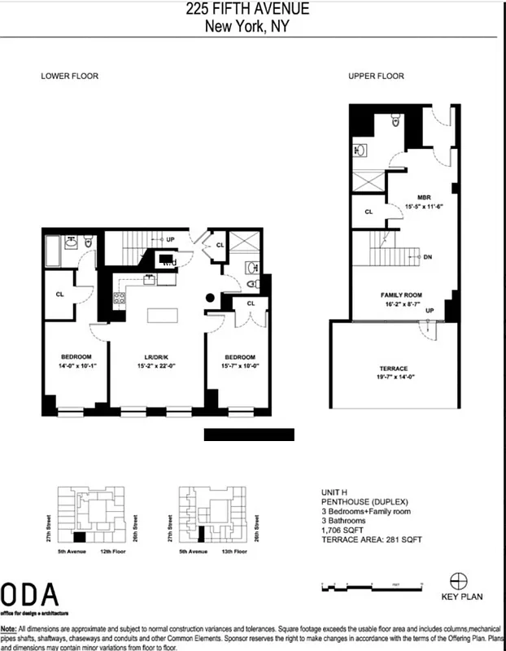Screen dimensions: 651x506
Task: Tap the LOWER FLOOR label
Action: tap(70, 76)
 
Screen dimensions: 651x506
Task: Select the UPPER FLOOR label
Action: tap(376, 76)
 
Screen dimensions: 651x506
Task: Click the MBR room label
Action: tap(423, 197)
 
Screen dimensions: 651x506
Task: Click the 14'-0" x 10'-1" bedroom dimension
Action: tap(76, 365)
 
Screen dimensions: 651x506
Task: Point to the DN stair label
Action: tap(428, 257)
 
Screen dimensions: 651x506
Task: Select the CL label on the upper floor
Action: tap(369, 212)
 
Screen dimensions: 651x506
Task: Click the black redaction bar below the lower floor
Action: tap(248, 434)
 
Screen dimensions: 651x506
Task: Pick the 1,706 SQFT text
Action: tap(342, 530)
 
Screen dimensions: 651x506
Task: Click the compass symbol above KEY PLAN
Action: tap(459, 580)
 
